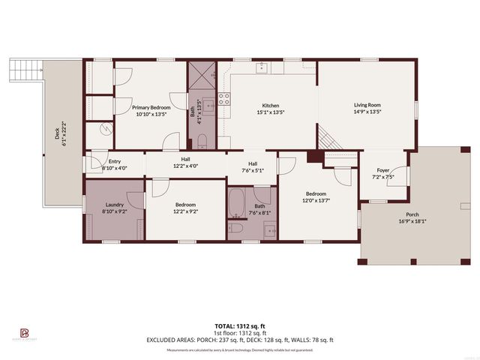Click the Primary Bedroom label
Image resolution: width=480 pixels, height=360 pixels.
(150, 106)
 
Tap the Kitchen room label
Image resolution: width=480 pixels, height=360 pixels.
(271, 105)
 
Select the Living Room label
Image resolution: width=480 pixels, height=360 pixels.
(368, 105)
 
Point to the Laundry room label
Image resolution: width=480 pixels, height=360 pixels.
(115, 205)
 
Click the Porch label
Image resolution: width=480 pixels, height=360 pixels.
(412, 214)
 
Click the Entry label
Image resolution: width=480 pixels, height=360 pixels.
(115, 161)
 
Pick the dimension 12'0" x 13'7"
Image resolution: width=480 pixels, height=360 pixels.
(315, 200)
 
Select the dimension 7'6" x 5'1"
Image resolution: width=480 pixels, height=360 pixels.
(253, 170)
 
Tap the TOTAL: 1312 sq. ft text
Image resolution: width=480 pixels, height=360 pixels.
(240, 325)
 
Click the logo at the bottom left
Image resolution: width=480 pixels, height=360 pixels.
(24, 333)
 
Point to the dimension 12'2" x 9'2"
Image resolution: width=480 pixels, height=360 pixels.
(185, 211)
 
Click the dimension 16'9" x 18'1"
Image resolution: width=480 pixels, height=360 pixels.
(412, 221)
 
